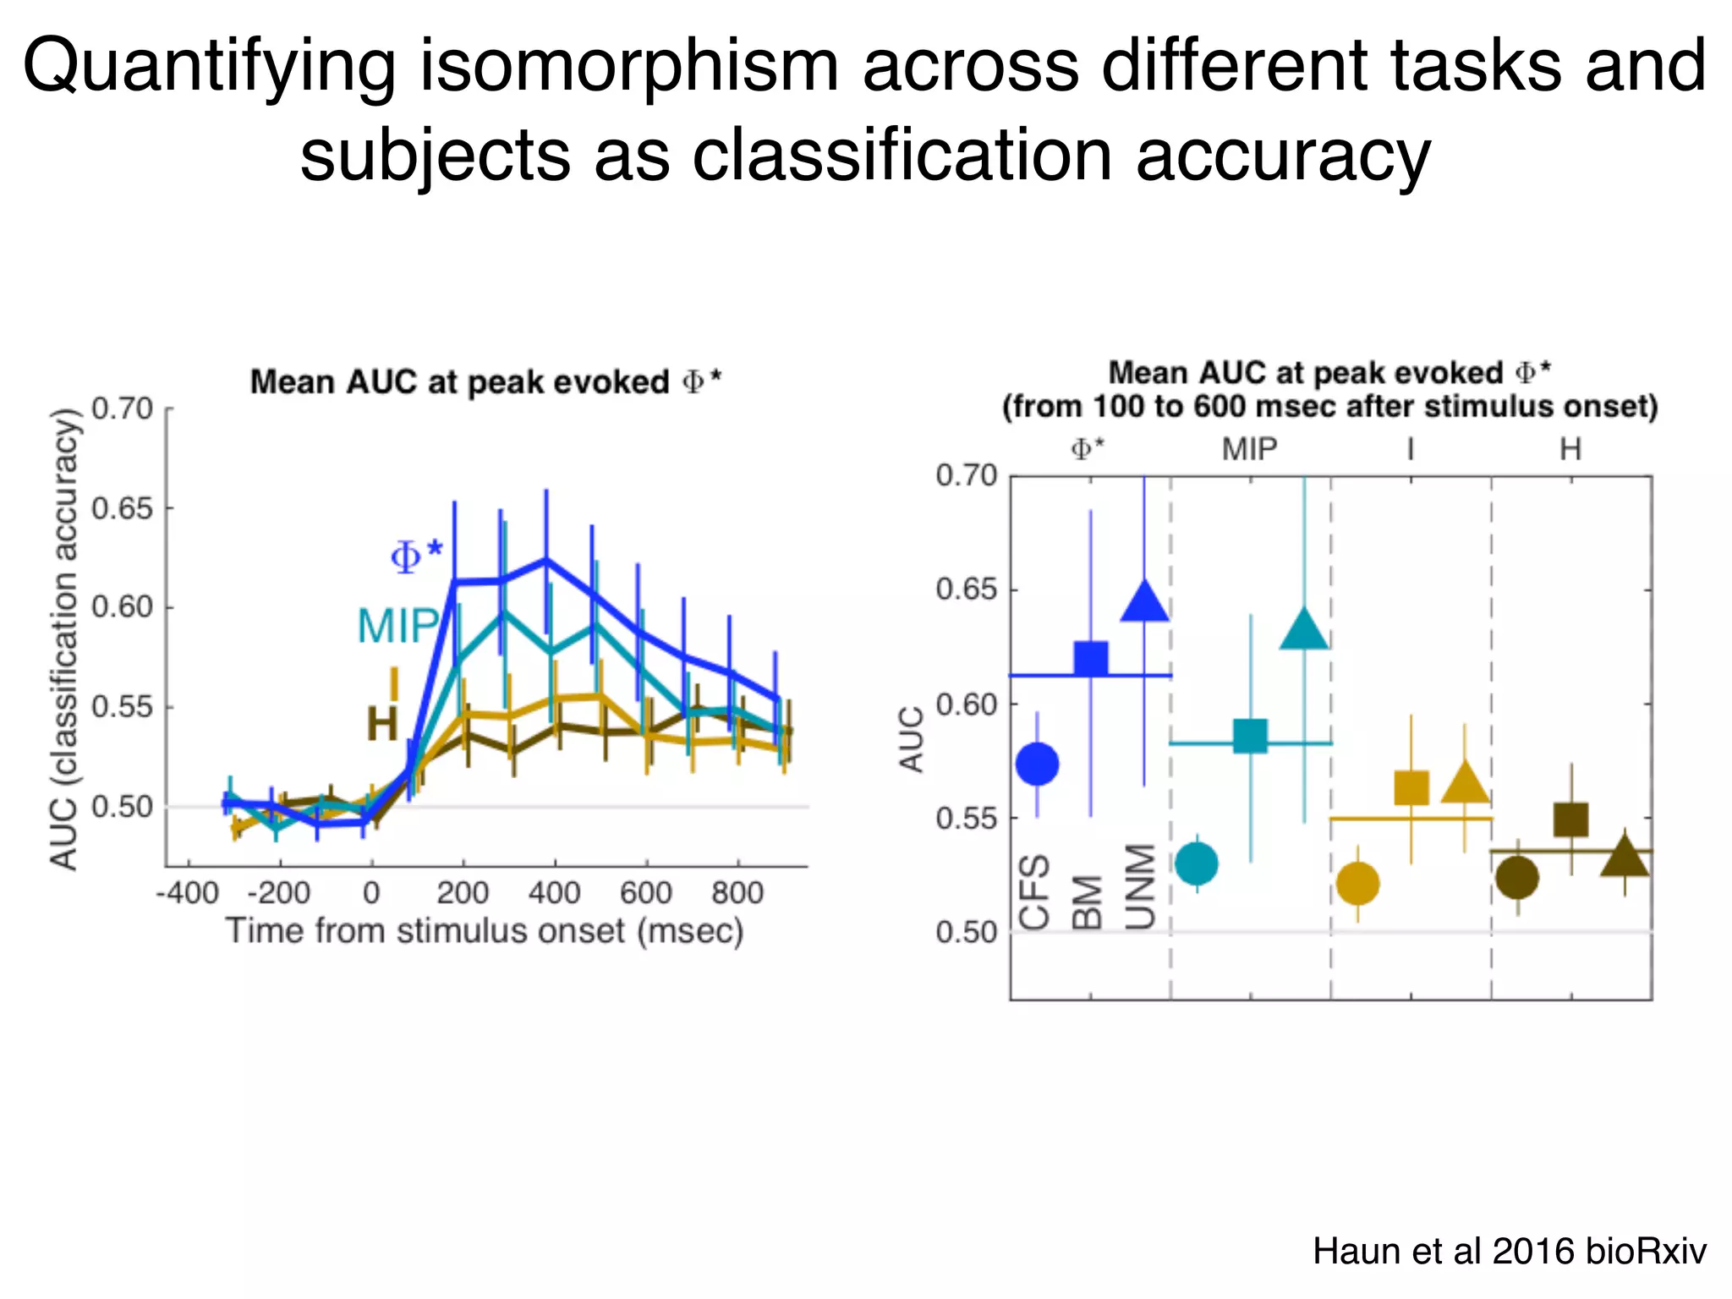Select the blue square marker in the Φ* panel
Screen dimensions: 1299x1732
pos(1091,658)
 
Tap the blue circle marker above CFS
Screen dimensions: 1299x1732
pos(1037,764)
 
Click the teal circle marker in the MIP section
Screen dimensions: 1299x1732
pos(1197,863)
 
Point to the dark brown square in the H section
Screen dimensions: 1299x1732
pos(1571,819)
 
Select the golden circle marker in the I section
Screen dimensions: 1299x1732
pos(1357,884)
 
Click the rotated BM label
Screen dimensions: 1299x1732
pos(1089,902)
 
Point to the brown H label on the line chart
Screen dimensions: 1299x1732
pos(381,725)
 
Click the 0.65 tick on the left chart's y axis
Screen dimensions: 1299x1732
pos(122,509)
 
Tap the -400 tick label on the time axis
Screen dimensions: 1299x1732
pos(188,893)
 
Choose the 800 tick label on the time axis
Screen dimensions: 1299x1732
pos(737,893)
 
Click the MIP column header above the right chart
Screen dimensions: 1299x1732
pos(1249,449)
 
